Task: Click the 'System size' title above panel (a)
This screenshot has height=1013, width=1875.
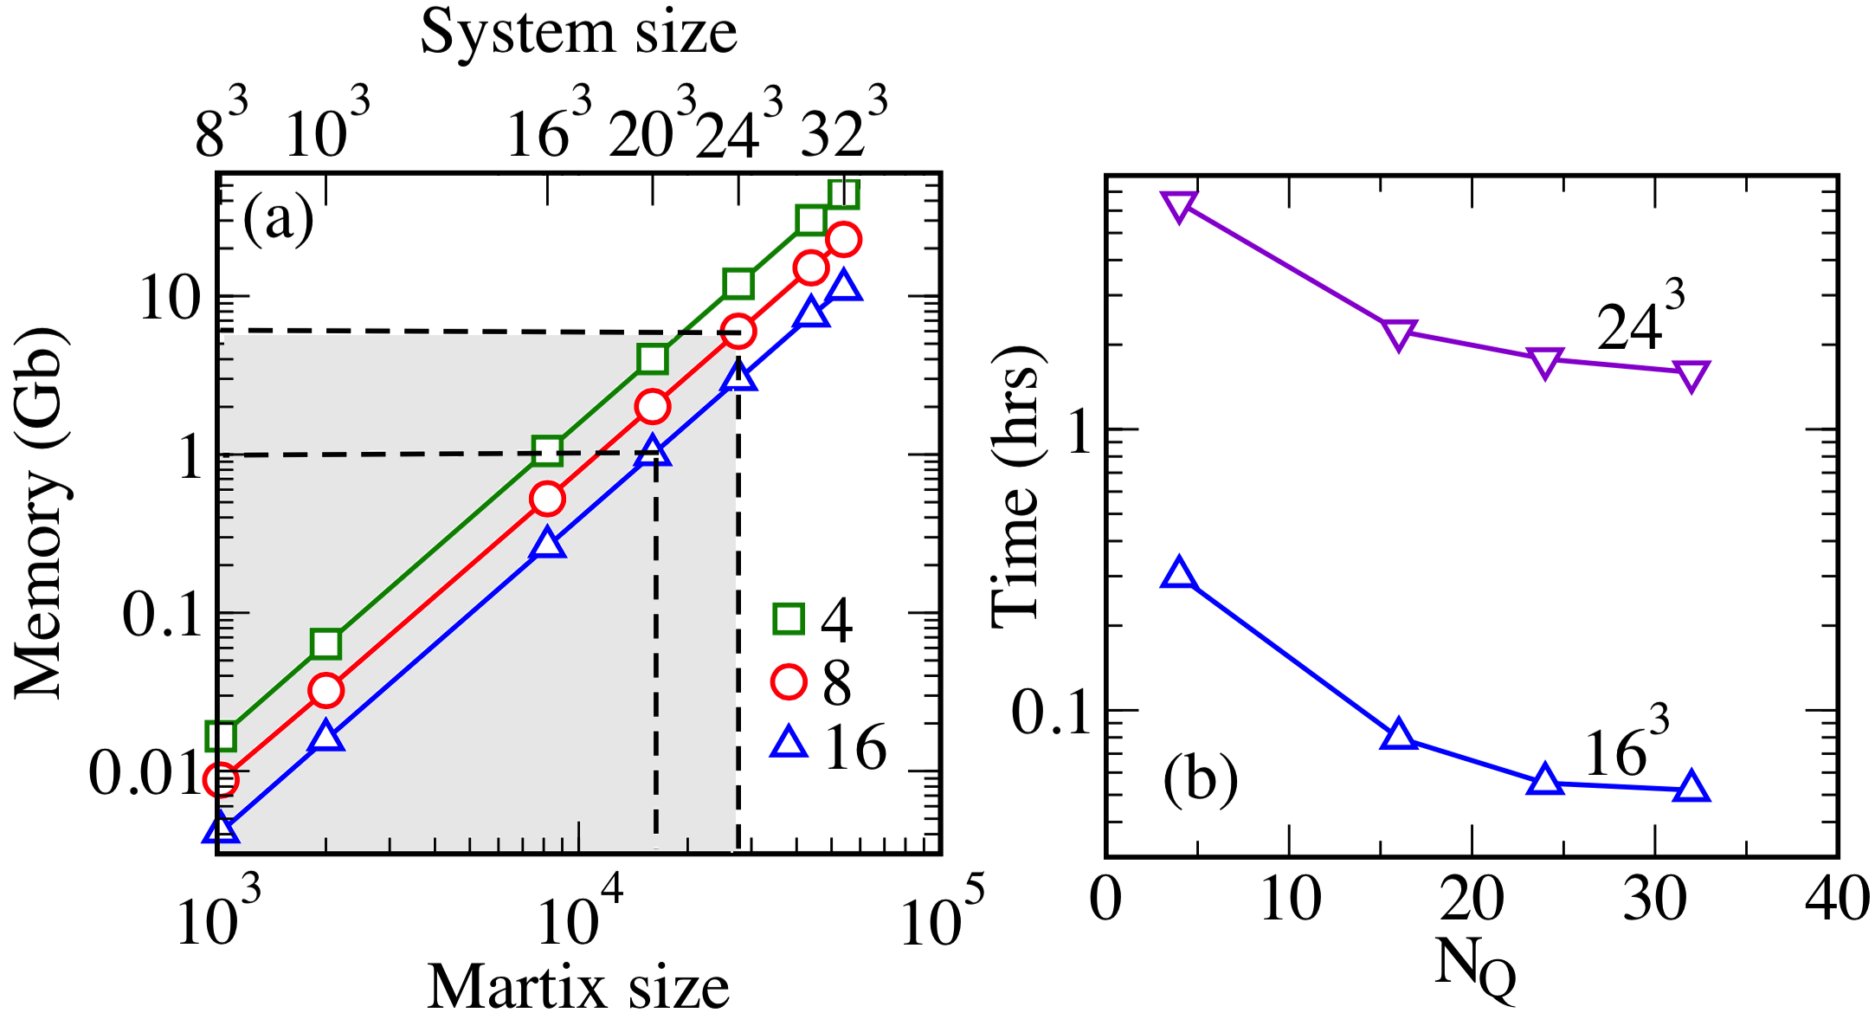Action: pyautogui.click(x=578, y=33)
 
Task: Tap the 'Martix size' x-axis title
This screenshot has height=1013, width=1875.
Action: pyautogui.click(x=578, y=985)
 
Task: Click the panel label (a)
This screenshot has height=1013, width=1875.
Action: pyautogui.click(x=278, y=219)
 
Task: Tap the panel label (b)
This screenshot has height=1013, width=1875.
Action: pyautogui.click(x=1200, y=779)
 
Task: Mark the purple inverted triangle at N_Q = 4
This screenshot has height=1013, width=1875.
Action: pyautogui.click(x=1180, y=206)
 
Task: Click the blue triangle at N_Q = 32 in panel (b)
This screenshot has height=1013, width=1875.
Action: pyautogui.click(x=1691, y=787)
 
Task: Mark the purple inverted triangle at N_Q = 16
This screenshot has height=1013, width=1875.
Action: pyautogui.click(x=1399, y=334)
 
